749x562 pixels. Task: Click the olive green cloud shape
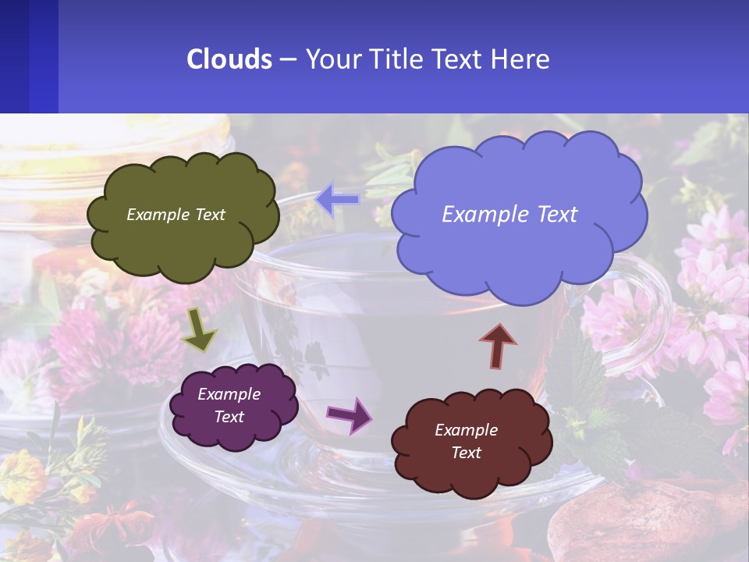click(183, 242)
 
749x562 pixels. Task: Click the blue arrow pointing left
click(338, 200)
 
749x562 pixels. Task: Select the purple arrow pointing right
click(350, 414)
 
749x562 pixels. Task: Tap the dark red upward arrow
click(498, 346)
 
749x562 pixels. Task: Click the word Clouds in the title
click(229, 59)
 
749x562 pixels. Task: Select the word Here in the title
click(522, 59)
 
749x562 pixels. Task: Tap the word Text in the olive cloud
click(209, 215)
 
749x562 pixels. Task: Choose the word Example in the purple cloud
click(229, 394)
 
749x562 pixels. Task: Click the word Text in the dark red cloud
click(467, 453)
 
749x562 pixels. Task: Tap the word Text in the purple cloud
click(229, 417)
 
